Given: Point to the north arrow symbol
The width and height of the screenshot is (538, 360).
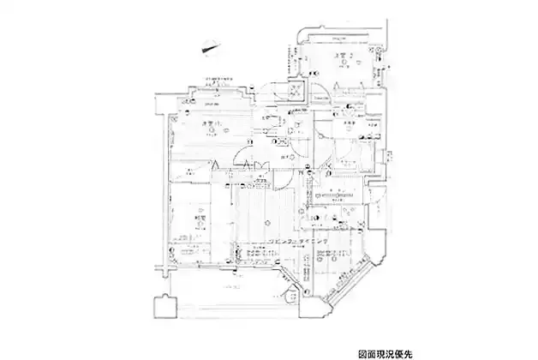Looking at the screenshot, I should click(209, 50).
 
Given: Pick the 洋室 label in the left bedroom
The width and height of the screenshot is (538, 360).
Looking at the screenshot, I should click(209, 125).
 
